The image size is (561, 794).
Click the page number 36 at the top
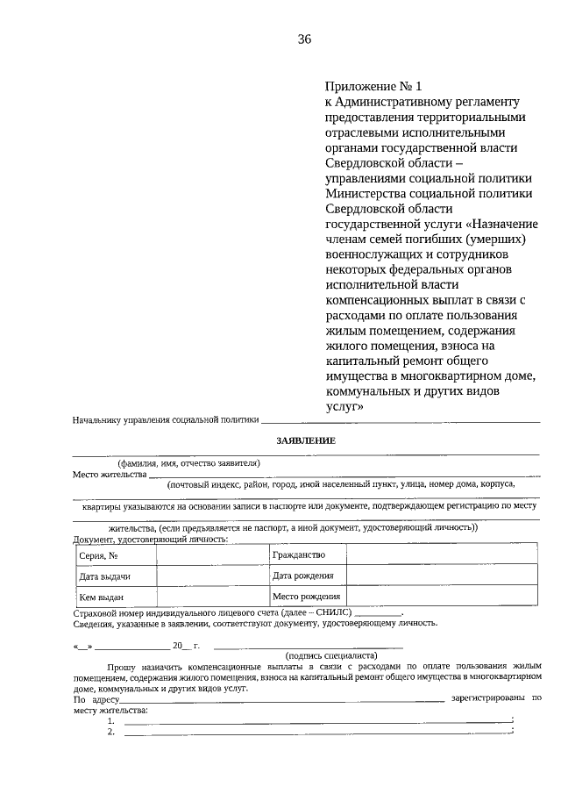[x=305, y=39]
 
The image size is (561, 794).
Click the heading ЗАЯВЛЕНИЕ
[x=305, y=440]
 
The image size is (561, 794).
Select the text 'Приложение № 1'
[x=373, y=86]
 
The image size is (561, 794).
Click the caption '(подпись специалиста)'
[x=331, y=655]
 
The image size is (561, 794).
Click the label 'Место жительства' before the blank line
[x=110, y=475]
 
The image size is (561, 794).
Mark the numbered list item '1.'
[x=111, y=720]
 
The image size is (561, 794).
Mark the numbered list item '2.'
[x=111, y=732]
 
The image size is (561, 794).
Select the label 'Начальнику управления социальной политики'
[x=167, y=421]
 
